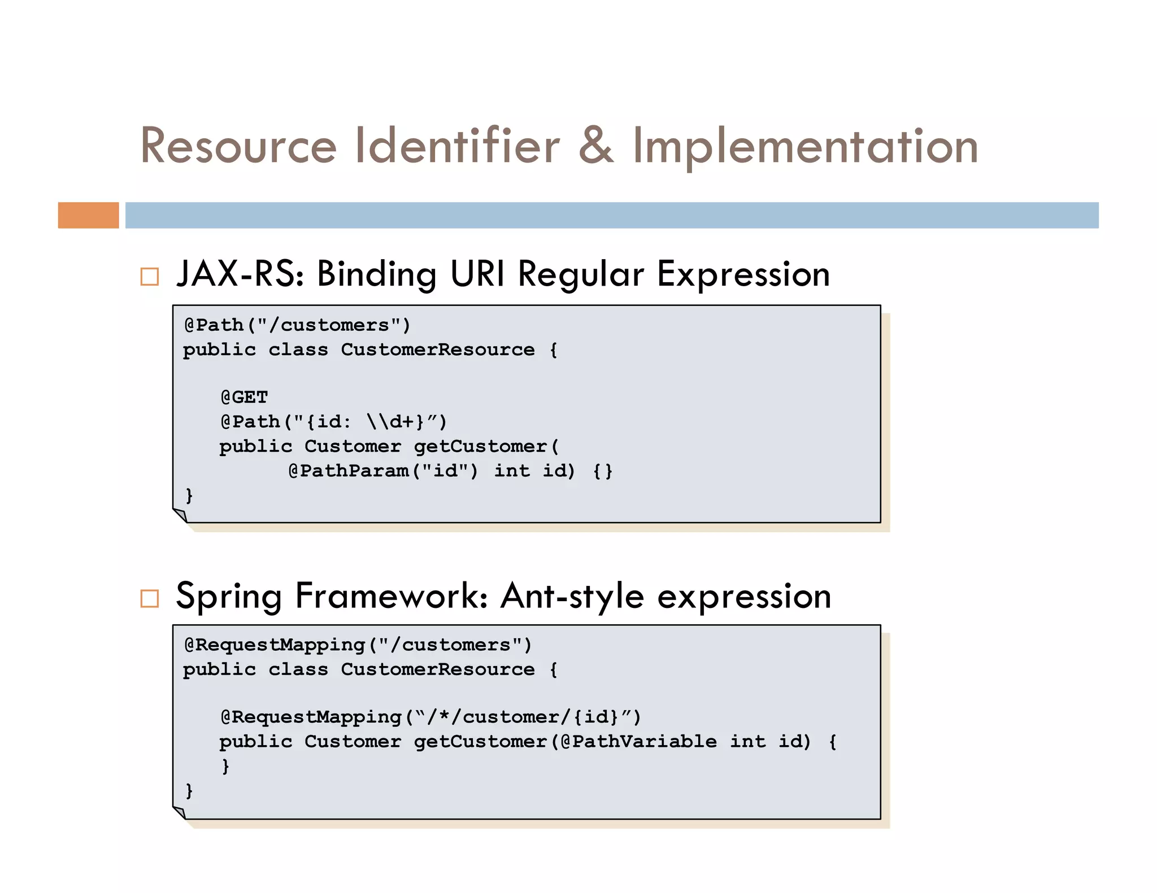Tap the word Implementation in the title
[804, 148]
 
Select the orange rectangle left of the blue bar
[88, 215]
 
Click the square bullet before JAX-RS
[150, 277]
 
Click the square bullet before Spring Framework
[150, 598]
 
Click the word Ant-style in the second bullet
[572, 597]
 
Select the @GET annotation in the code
[244, 397]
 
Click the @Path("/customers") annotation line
[297, 325]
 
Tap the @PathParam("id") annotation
[383, 471]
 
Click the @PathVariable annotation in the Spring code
[638, 741]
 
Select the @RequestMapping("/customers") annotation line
[358, 645]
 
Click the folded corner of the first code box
[180, 515]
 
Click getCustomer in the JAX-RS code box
[480, 446]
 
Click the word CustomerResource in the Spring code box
[437, 669]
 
